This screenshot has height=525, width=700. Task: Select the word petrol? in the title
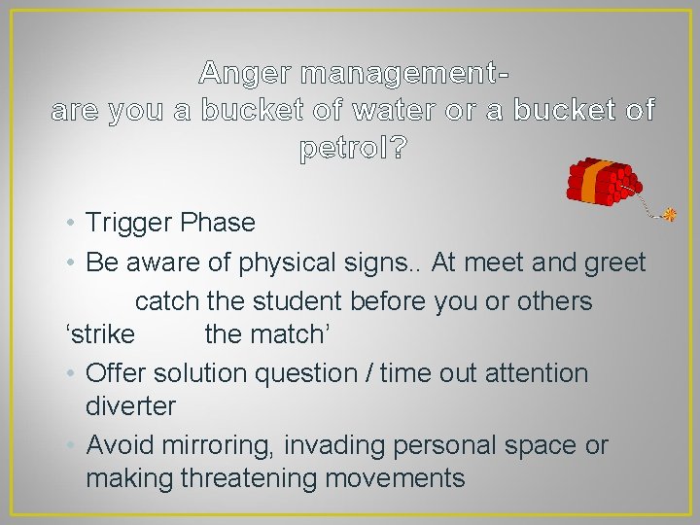click(354, 149)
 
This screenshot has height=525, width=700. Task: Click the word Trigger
click(128, 224)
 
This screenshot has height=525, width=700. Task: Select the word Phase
click(217, 224)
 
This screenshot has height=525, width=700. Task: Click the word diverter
click(130, 406)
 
